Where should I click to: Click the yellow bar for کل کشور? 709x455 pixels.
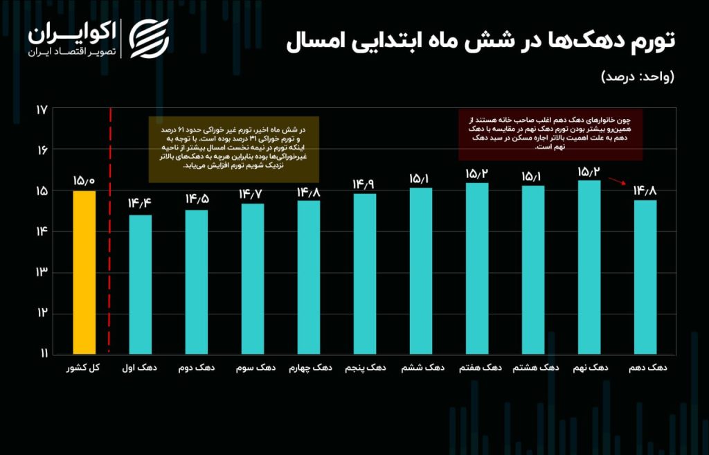pos(84,271)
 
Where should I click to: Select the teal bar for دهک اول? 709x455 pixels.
pos(140,284)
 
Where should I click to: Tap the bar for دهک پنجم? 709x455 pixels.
pos(365,273)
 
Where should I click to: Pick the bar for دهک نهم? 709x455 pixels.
pos(589,267)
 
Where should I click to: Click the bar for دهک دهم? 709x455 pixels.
pos(645,276)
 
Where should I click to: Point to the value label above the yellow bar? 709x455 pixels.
pos(84,180)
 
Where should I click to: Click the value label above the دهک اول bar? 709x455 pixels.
pos(140,204)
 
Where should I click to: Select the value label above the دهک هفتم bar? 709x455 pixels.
pos(477,172)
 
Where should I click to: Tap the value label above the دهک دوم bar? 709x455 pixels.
pos(197,199)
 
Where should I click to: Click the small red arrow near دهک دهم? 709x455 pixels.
pos(616,181)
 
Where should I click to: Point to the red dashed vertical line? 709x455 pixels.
pos(111,229)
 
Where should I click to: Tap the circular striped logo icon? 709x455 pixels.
pos(150,39)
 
